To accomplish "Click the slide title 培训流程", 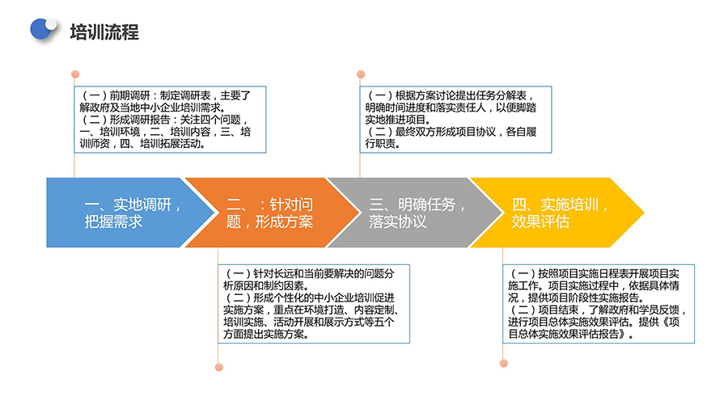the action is click(x=104, y=32).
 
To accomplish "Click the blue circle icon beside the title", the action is click(x=42, y=29).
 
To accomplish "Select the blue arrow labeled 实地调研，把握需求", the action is click(x=130, y=213).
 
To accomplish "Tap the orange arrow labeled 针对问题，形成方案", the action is click(x=272, y=213).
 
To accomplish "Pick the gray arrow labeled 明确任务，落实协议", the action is click(x=416, y=213).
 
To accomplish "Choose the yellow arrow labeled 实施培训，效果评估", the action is click(x=557, y=213).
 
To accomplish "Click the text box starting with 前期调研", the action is click(x=170, y=120).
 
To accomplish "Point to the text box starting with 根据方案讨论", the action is click(x=455, y=120).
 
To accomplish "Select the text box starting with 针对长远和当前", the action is click(x=314, y=304).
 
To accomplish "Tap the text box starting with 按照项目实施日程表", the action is click(x=599, y=304).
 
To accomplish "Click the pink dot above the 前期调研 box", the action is click(x=75, y=74).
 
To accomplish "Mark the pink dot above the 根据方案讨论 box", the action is click(x=361, y=74).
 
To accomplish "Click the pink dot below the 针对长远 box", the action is click(x=219, y=367).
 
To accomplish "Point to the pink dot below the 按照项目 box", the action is click(x=504, y=363).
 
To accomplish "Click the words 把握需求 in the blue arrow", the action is click(x=113, y=221).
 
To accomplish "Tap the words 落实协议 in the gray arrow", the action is click(x=398, y=221).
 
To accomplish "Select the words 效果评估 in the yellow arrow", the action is click(x=540, y=221).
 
